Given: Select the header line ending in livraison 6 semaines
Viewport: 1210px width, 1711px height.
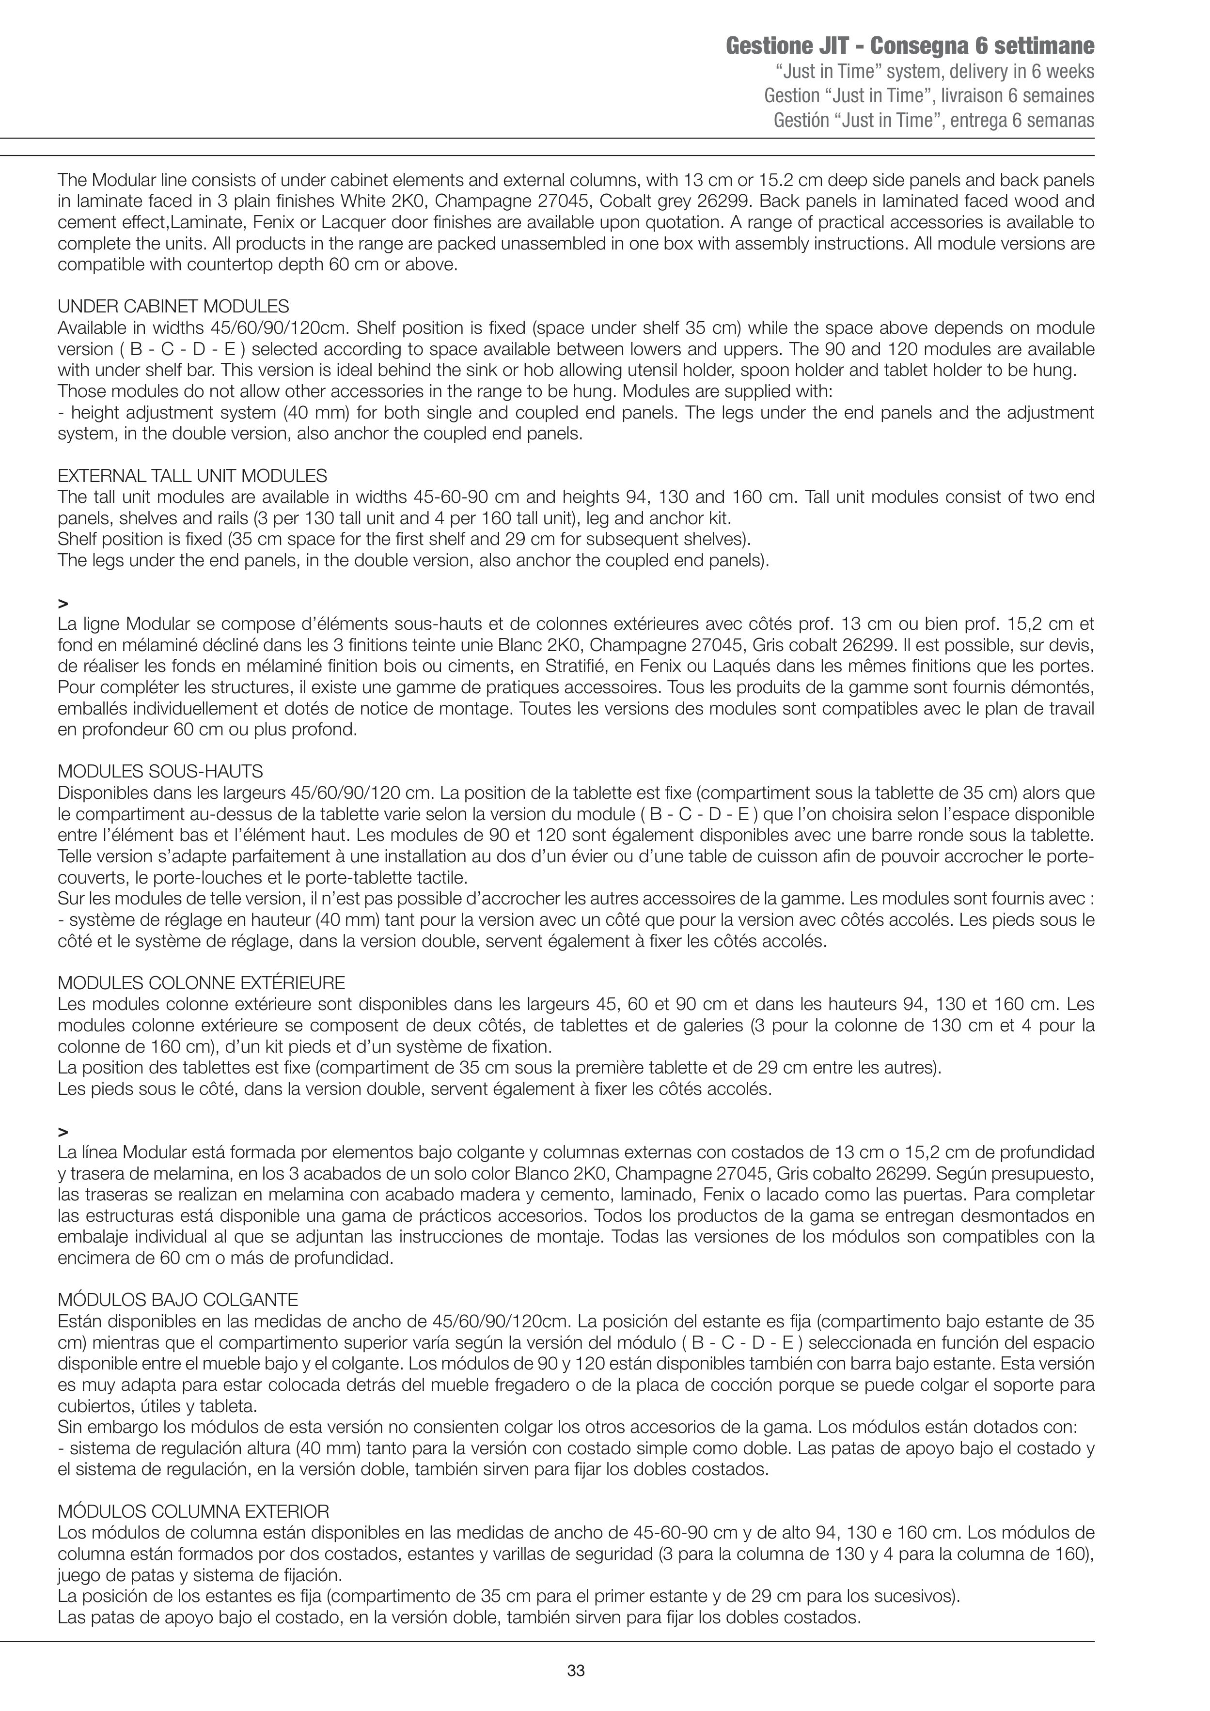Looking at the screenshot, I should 929,96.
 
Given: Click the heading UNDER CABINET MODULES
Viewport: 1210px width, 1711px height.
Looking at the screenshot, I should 173,306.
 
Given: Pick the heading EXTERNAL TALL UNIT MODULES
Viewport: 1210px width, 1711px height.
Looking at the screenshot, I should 192,475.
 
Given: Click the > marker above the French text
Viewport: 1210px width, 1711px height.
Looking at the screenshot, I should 62,602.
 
